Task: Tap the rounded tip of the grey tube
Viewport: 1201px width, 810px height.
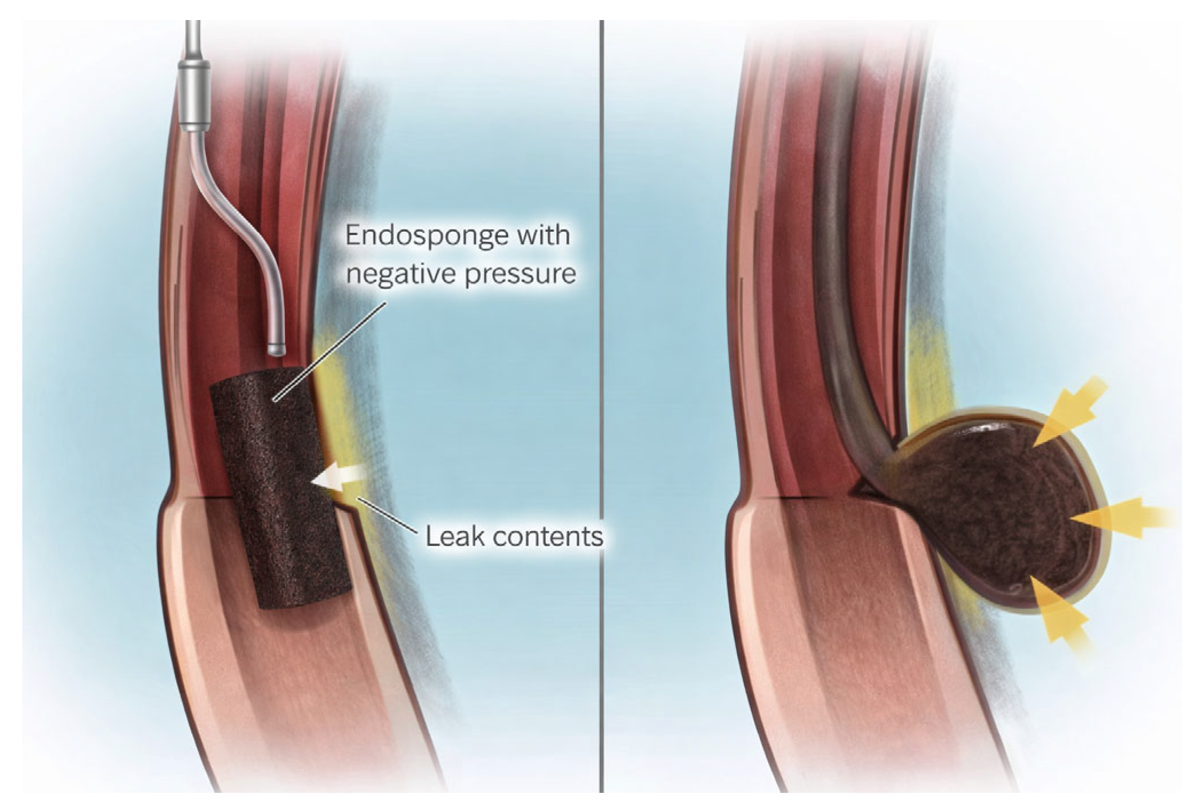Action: point(277,348)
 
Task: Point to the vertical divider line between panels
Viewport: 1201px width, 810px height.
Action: point(602,401)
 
